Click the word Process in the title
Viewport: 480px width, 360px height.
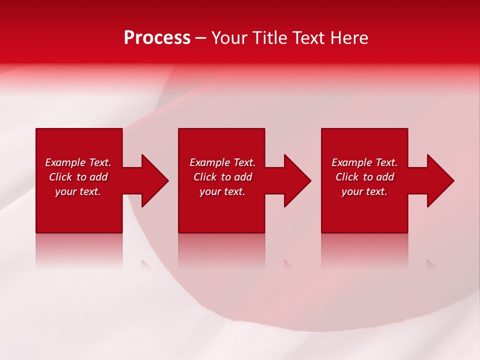(x=157, y=38)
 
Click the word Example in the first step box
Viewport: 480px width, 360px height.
(x=65, y=162)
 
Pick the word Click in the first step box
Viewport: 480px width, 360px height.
(x=60, y=177)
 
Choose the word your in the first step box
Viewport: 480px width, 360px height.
(x=65, y=191)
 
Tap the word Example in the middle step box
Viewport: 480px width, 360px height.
(x=210, y=162)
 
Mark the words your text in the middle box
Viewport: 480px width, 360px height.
(x=222, y=191)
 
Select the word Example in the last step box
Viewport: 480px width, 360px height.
(x=352, y=162)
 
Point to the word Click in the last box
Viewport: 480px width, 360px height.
(x=347, y=177)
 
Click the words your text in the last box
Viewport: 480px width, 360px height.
(x=364, y=191)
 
